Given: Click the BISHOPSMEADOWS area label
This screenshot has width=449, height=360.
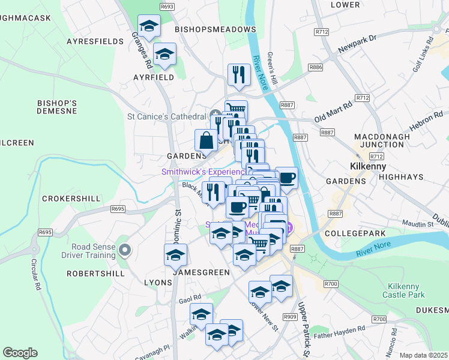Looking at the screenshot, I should pos(215,29).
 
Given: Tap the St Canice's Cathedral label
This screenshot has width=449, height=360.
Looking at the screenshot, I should pos(166,116).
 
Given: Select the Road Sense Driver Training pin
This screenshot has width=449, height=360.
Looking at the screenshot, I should pos(125,249).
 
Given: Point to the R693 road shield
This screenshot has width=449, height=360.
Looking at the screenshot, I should pos(167,7).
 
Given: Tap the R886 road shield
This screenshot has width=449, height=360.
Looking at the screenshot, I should pos(316,67).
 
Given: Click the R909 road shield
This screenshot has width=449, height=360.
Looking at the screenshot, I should pos(291,317).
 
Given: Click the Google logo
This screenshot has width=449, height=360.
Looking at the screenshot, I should pos(20,353).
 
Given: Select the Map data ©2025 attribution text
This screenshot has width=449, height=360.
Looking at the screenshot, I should pos(424,355).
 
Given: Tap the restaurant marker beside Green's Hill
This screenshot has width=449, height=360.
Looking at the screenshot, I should pos(239,75).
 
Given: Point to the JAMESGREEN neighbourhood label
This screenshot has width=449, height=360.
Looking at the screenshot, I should pos(201,272).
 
